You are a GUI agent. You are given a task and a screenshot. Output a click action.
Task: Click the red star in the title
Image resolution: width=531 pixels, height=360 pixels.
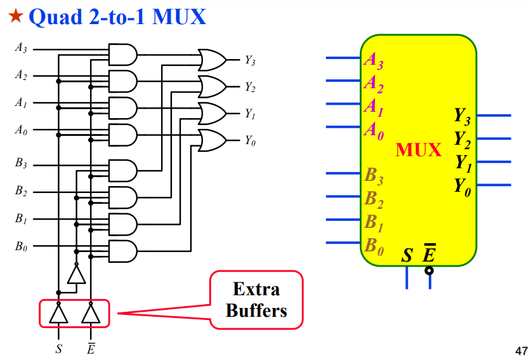14,17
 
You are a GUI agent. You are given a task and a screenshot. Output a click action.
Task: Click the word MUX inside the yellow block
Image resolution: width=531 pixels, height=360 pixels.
418,150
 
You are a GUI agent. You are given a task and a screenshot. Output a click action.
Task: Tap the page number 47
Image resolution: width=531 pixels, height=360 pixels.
519,350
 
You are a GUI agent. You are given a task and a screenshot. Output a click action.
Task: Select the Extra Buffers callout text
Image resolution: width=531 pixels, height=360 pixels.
256,300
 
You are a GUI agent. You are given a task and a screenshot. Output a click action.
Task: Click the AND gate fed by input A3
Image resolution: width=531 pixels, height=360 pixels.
122,55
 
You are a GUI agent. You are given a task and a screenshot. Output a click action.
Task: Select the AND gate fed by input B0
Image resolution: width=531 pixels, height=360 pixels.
122,251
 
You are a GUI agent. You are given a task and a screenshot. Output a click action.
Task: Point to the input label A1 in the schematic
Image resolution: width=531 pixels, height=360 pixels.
21,103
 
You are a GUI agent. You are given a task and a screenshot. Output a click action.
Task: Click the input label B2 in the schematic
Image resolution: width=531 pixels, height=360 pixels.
21,190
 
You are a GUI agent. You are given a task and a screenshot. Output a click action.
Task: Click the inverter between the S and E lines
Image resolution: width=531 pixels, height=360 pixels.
76,274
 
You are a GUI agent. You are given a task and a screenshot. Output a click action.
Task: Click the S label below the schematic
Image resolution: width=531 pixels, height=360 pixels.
59,349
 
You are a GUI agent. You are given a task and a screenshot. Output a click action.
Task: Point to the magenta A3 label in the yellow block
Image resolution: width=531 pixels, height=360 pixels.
373,61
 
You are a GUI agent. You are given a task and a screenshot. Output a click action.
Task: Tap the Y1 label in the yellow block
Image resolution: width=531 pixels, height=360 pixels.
462,163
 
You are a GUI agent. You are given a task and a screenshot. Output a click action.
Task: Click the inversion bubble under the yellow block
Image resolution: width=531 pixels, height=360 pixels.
429,270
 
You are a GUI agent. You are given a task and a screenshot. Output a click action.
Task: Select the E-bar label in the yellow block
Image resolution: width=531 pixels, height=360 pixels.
429,255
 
